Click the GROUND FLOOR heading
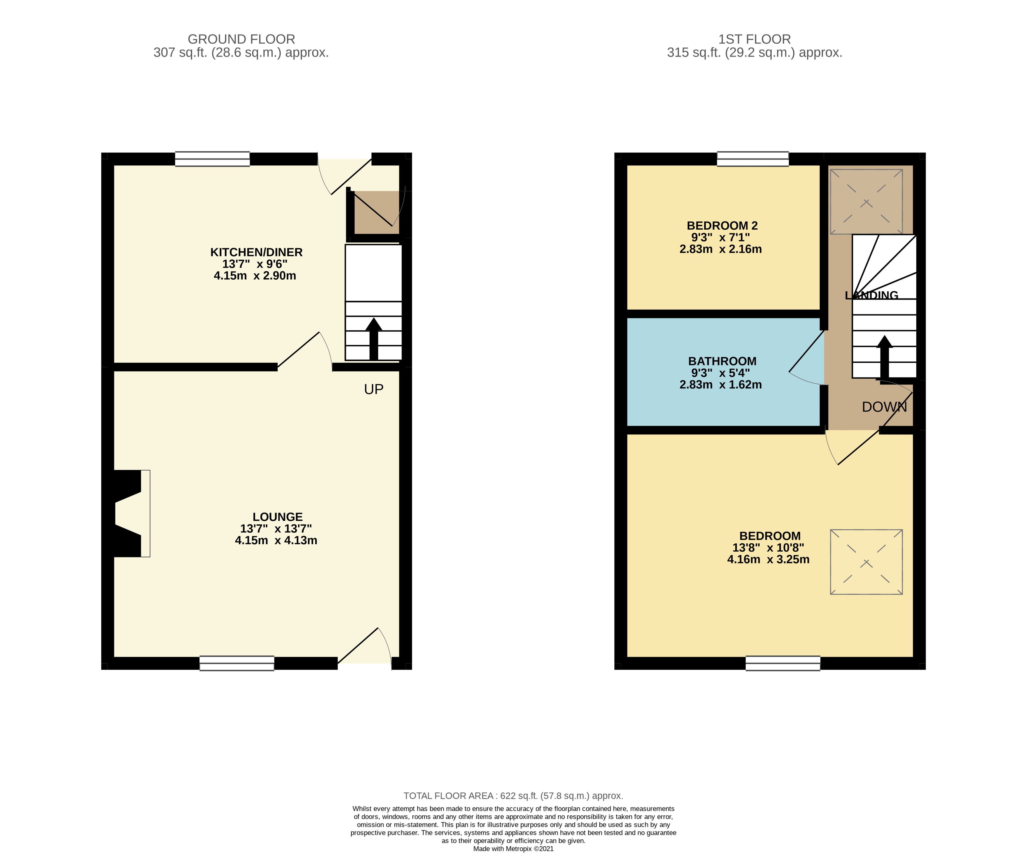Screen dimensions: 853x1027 coord(241,39)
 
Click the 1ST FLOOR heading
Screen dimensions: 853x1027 coord(754,39)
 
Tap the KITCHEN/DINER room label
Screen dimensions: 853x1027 coord(256,252)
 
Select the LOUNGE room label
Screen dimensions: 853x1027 coord(277,517)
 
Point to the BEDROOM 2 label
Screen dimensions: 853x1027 coord(722,226)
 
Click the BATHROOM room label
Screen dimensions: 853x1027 coord(722,361)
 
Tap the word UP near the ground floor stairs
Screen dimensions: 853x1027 coord(374,389)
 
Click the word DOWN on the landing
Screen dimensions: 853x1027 coord(884,407)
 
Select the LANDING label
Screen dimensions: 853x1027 coord(872,295)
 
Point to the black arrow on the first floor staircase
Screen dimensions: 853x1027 coord(884,357)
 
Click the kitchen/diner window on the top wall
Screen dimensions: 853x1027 coord(212,159)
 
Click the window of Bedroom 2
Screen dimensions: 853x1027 coord(753,159)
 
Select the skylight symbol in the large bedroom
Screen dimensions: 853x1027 coord(866,562)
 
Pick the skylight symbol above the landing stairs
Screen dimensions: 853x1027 coord(866,201)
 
